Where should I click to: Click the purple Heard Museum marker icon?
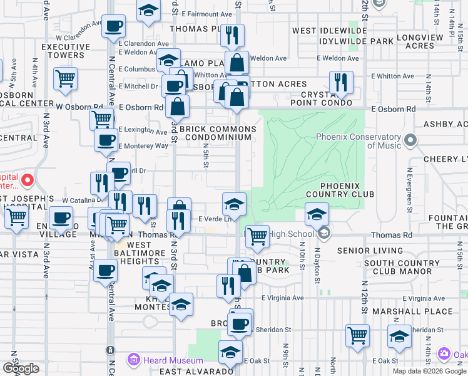pos(133,360)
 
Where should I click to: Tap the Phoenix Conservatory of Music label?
pos(358,142)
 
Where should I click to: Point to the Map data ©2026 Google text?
pos(429,371)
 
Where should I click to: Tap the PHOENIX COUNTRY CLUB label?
pos(341,190)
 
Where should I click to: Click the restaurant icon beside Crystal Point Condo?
pos(341,82)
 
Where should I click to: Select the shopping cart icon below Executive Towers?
pos(65,78)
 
